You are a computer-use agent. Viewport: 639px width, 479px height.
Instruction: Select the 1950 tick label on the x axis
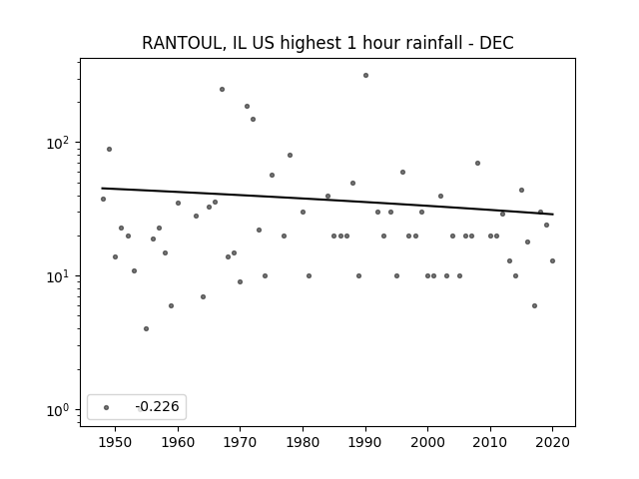click(116, 442)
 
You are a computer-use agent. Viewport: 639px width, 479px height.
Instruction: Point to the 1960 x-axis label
click(178, 442)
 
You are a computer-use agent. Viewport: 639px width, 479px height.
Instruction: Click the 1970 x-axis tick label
click(241, 442)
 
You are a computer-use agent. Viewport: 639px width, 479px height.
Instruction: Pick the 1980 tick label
click(303, 442)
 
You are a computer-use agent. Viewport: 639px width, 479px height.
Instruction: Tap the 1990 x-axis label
click(365, 442)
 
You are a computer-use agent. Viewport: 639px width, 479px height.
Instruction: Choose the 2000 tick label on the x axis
click(428, 442)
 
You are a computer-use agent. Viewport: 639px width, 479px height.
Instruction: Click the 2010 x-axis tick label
click(490, 442)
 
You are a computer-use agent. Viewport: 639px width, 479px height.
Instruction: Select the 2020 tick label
click(552, 442)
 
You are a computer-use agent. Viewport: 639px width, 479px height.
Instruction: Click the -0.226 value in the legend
click(158, 406)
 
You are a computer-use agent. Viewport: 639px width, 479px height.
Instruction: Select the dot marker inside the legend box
click(107, 407)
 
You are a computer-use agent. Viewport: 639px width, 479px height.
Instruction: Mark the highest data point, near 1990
click(366, 76)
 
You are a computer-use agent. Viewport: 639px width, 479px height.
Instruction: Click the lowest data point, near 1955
click(147, 328)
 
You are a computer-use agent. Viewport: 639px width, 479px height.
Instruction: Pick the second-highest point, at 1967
click(222, 89)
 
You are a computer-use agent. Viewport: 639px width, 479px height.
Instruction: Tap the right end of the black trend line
click(553, 215)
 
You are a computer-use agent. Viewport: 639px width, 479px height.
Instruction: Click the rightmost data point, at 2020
click(552, 260)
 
